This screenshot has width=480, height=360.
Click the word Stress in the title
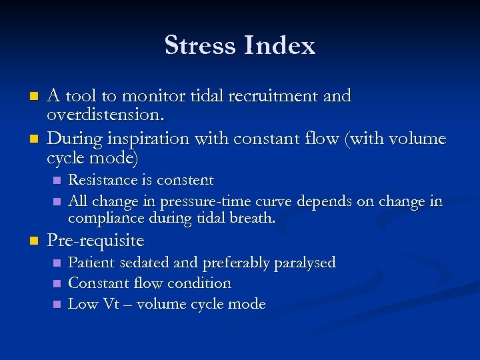tap(200, 45)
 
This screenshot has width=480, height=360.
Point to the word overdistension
tap(105, 115)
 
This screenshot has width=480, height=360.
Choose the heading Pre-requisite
tap(95, 240)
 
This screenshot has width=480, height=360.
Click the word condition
tap(199, 283)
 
